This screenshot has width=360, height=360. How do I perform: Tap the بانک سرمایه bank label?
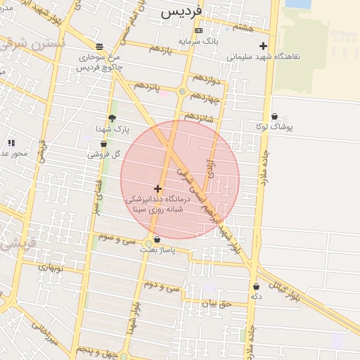[x=198, y=41]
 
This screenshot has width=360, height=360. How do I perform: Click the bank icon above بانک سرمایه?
[x=198, y=30]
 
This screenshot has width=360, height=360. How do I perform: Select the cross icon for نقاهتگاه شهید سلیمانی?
[x=263, y=46]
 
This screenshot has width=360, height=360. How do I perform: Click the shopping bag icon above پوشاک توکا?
[x=274, y=117]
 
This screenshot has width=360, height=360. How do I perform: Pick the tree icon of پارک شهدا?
[x=112, y=118]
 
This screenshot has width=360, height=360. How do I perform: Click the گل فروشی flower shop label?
[x=106, y=154]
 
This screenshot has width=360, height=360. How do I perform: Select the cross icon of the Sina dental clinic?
[x=157, y=188]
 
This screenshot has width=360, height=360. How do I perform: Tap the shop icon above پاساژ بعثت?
[x=156, y=240]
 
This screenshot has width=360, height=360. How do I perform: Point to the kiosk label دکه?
[x=256, y=297]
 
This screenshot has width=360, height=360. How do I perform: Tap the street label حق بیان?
[x=217, y=304]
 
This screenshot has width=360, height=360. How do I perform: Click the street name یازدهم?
[x=161, y=49]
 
